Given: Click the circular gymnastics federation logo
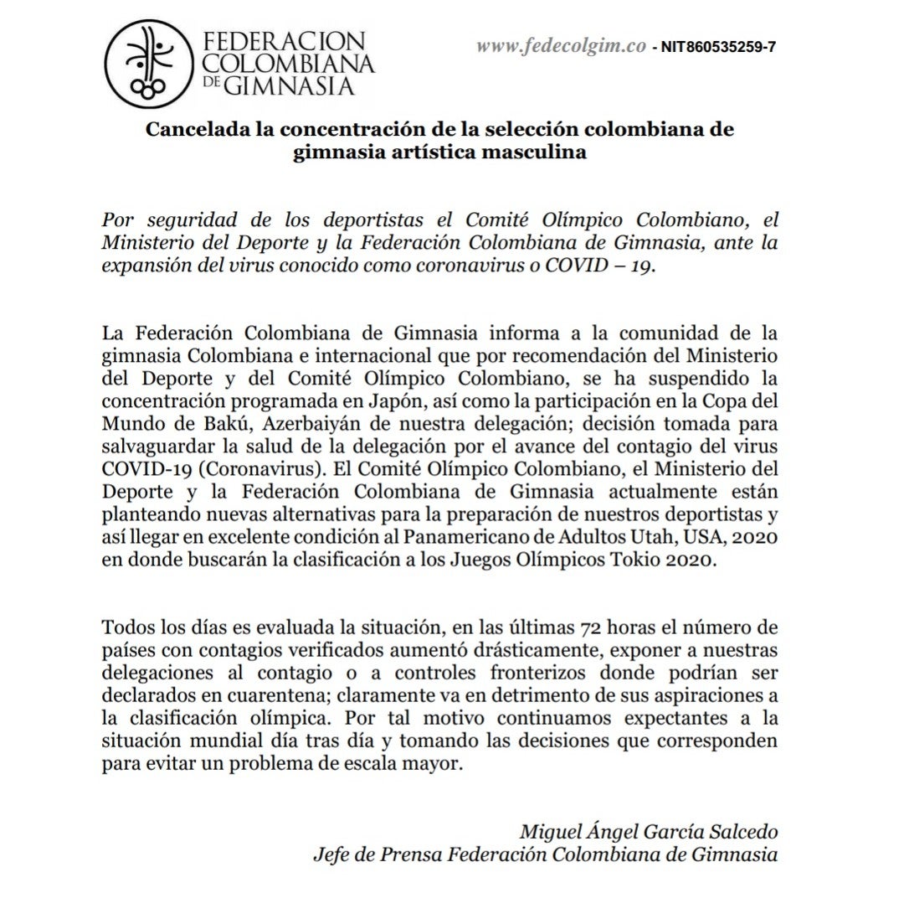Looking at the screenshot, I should (x=152, y=65).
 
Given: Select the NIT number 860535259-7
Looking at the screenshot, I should (x=718, y=48).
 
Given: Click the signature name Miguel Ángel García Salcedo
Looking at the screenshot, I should (x=648, y=833).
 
